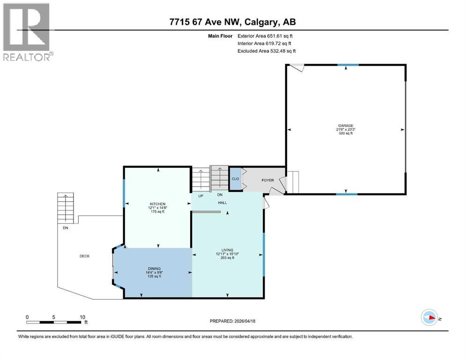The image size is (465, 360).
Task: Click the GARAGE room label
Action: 346,126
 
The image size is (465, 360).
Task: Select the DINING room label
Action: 154,268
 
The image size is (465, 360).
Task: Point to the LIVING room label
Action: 228,250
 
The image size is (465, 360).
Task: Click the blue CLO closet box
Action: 236,179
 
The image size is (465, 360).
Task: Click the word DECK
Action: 84,256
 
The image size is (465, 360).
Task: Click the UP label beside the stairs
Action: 200,195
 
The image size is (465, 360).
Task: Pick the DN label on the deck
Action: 65,228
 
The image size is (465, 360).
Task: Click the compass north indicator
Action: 429,318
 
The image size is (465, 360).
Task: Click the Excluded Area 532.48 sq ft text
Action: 266,51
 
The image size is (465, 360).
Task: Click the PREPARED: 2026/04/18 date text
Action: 232,321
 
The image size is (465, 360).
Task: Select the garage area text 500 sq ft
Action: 346,134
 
